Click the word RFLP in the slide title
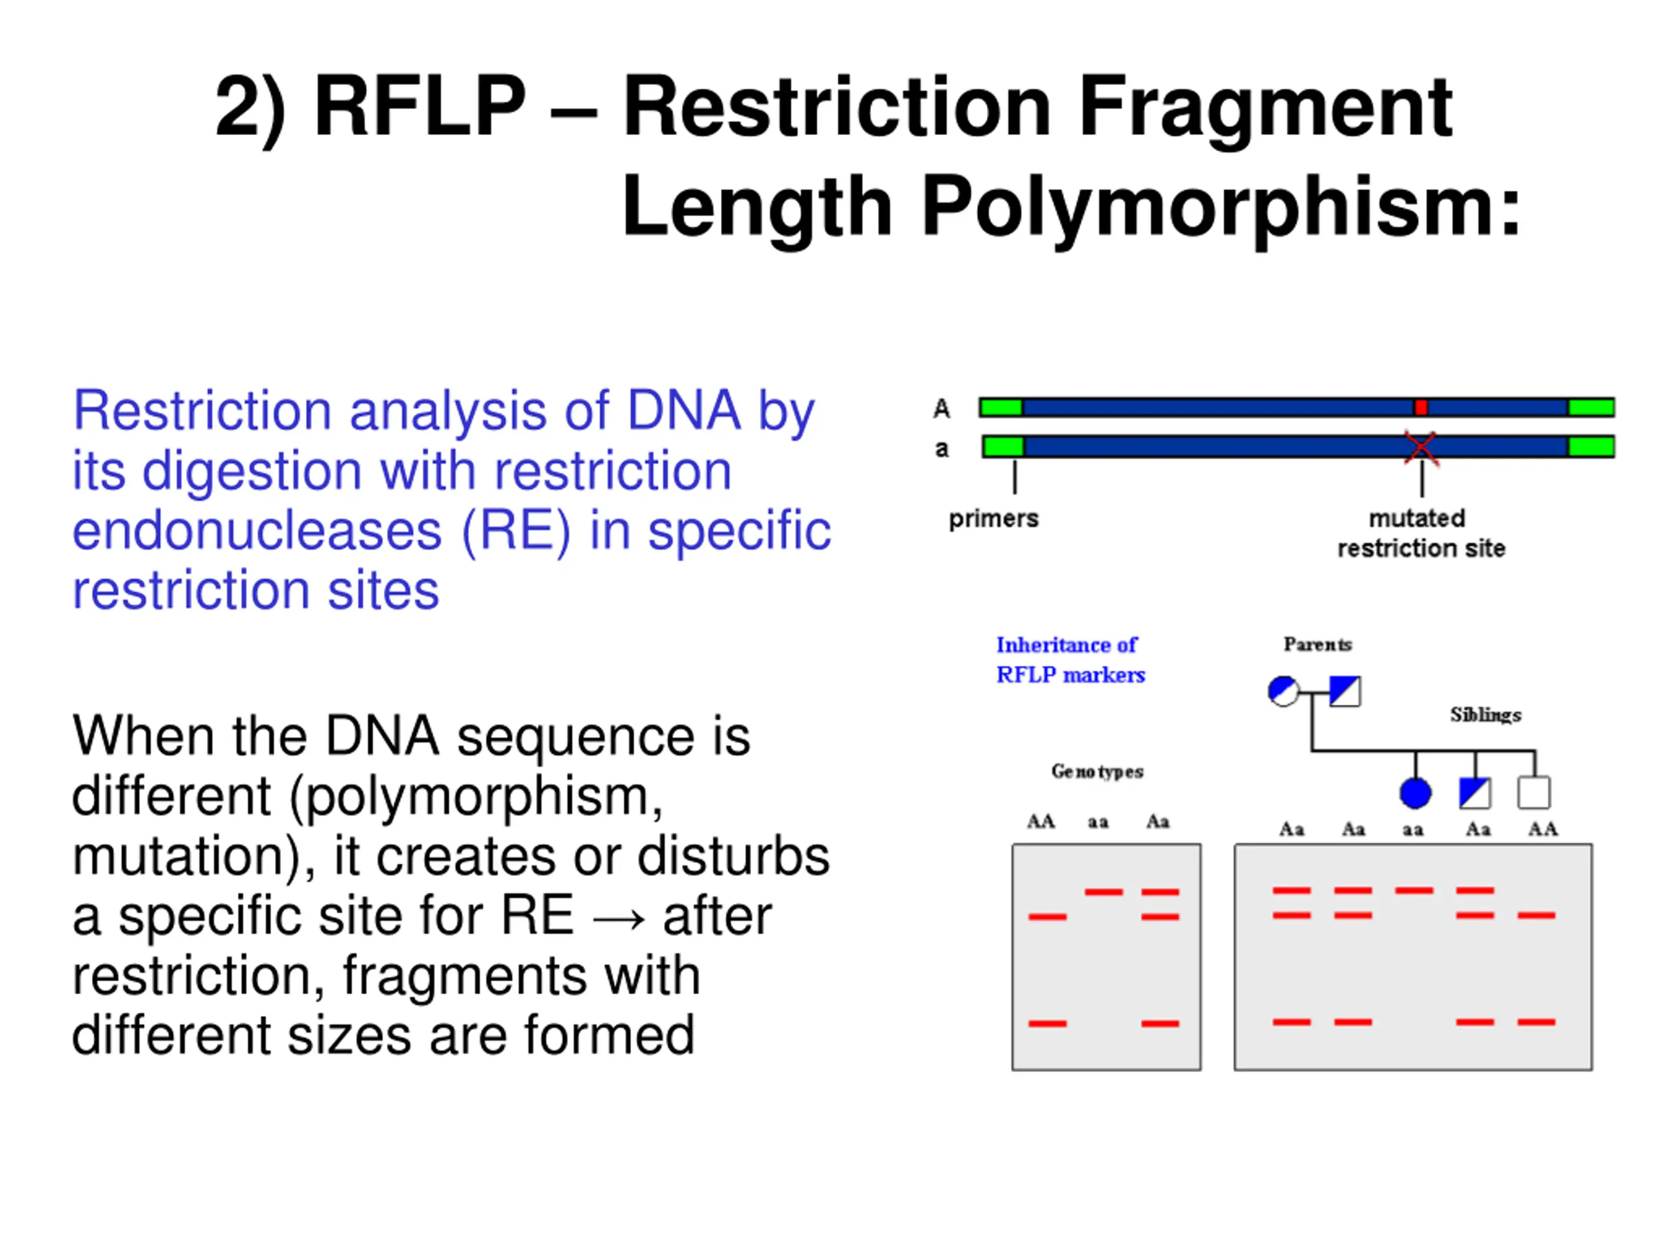(420, 106)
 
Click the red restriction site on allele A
(1421, 407)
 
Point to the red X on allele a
(1421, 447)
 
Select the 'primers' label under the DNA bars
(993, 519)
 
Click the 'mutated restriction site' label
(1420, 534)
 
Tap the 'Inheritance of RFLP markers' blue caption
(1069, 659)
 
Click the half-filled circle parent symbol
(1283, 691)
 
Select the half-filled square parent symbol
(1344, 691)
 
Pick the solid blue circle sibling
(1415, 793)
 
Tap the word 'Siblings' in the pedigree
(1485, 715)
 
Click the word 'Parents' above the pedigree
(1317, 645)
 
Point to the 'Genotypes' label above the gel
(1097, 772)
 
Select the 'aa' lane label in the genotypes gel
(1098, 822)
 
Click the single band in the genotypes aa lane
(1103, 892)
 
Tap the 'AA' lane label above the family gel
(1542, 829)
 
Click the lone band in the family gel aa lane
(1414, 891)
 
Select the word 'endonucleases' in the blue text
(257, 531)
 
